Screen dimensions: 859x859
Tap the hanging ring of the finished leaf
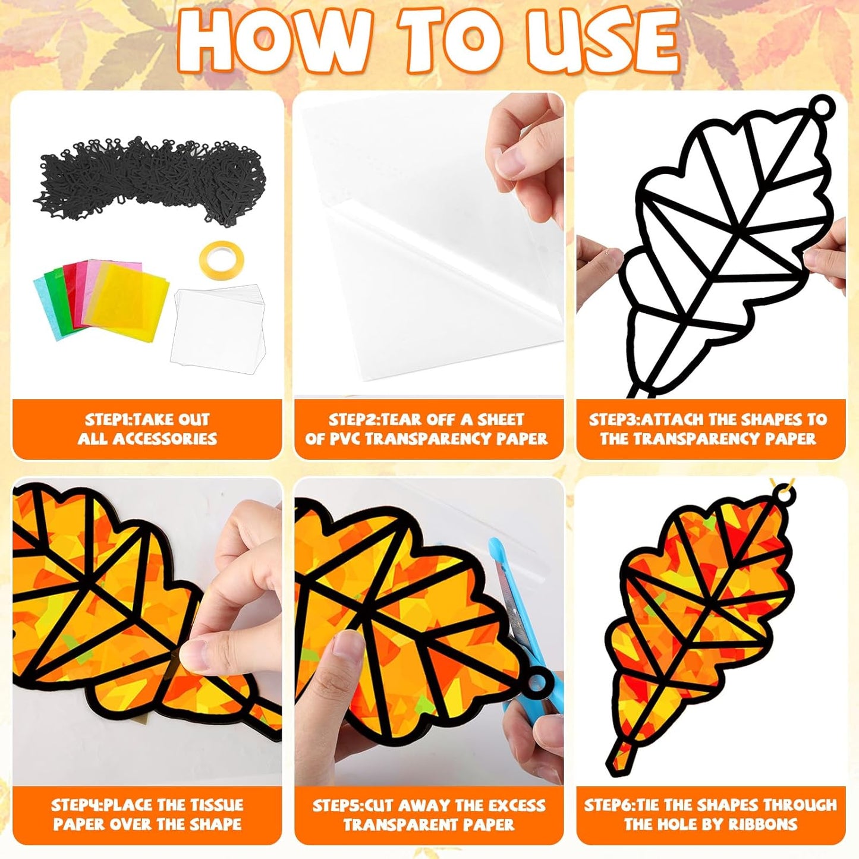[x=784, y=496]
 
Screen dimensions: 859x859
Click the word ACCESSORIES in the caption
[x=165, y=439]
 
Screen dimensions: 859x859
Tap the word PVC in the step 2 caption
[x=342, y=439]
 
